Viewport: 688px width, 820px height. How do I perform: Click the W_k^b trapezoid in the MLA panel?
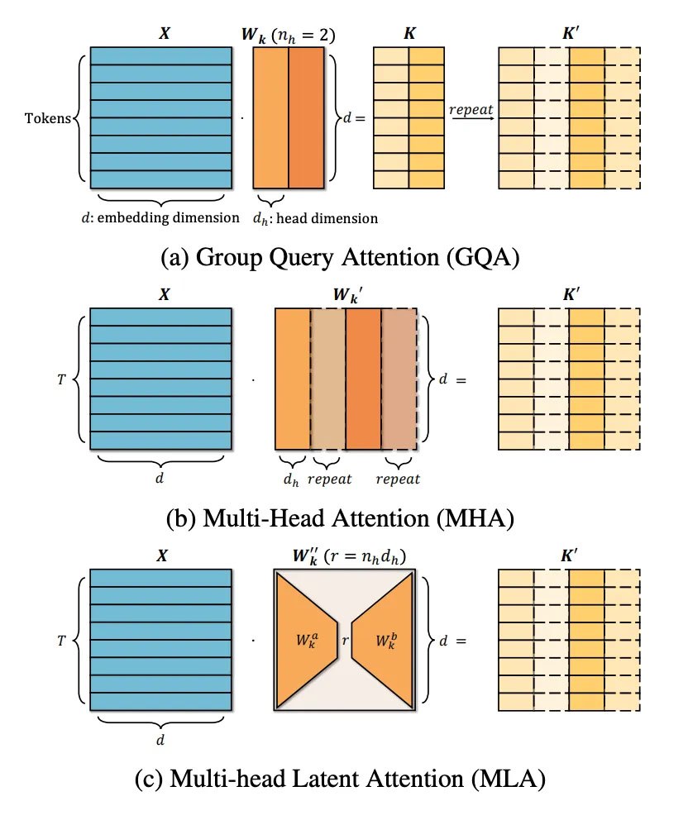(386, 640)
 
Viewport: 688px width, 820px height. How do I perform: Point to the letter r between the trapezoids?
(345, 640)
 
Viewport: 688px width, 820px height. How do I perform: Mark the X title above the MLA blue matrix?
(161, 555)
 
